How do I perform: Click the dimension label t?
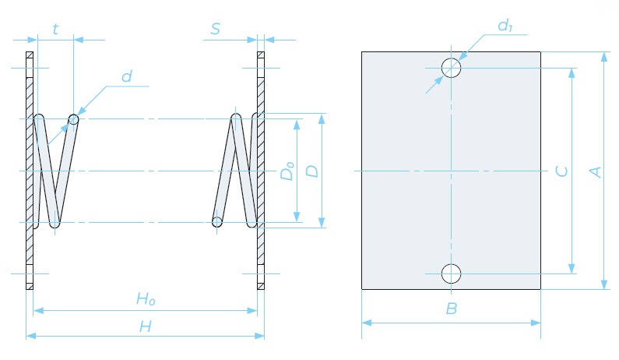[55, 29]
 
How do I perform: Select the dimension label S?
[215, 29]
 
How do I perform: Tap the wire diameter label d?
[126, 76]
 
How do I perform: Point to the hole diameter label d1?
[505, 26]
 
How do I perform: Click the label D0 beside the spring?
[287, 171]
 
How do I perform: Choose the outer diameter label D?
[312, 171]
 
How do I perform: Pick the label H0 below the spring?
[146, 299]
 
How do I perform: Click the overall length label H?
[146, 326]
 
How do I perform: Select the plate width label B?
[452, 309]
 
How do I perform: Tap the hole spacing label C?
[561, 171]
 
